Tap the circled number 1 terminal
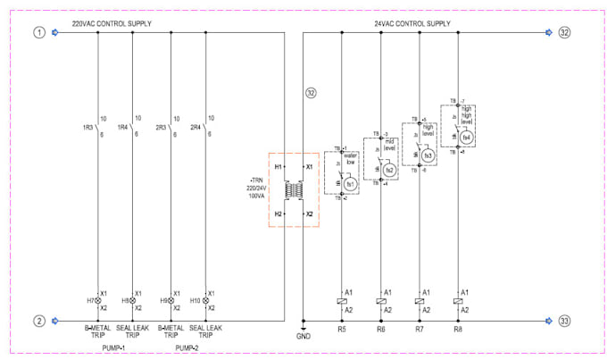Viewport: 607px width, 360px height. coord(38,33)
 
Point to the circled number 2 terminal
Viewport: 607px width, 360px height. coord(38,320)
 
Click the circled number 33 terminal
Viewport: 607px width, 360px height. coord(563,320)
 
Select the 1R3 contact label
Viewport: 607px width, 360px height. coord(88,127)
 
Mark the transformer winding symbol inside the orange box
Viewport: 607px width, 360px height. coord(292,191)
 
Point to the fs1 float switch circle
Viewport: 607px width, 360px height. coord(350,184)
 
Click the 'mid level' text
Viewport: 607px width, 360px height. coord(389,145)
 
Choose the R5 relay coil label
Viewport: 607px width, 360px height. coord(342,330)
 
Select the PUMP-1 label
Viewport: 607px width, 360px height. coord(114,347)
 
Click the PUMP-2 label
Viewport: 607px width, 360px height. coord(187,347)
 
